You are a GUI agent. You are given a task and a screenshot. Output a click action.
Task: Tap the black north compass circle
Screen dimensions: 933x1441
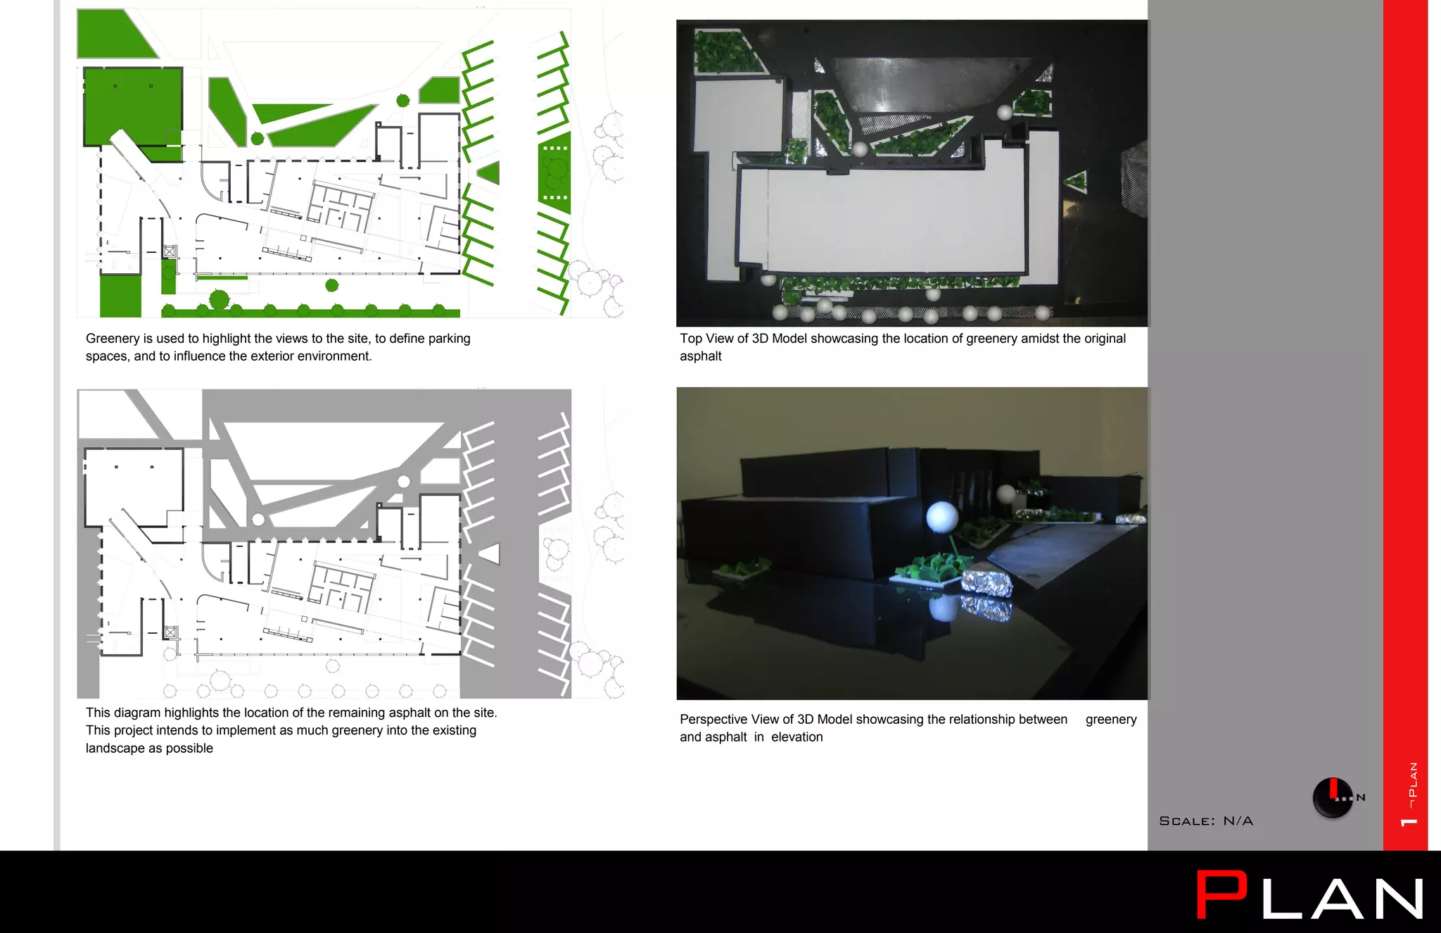coord(1332,798)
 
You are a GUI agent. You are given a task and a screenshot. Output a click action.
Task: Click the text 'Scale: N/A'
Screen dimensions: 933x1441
coord(1205,821)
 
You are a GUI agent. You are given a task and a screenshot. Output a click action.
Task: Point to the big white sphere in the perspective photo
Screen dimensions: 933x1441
coord(941,518)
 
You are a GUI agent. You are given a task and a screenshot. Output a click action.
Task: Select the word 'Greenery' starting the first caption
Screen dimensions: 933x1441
coord(111,339)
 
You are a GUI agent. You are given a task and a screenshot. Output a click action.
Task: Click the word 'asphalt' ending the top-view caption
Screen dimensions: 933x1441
coord(700,356)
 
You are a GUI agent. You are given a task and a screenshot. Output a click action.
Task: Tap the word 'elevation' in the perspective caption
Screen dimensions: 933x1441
coord(796,737)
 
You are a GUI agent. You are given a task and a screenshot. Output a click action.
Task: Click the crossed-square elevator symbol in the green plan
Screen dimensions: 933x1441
coord(170,251)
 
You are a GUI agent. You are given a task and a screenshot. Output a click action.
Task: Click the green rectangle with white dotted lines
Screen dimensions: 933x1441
coord(554,173)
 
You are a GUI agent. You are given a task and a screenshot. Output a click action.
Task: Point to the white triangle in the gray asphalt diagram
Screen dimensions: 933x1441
coord(491,553)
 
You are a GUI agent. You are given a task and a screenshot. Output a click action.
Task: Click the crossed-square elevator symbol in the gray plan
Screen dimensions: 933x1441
coord(170,632)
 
